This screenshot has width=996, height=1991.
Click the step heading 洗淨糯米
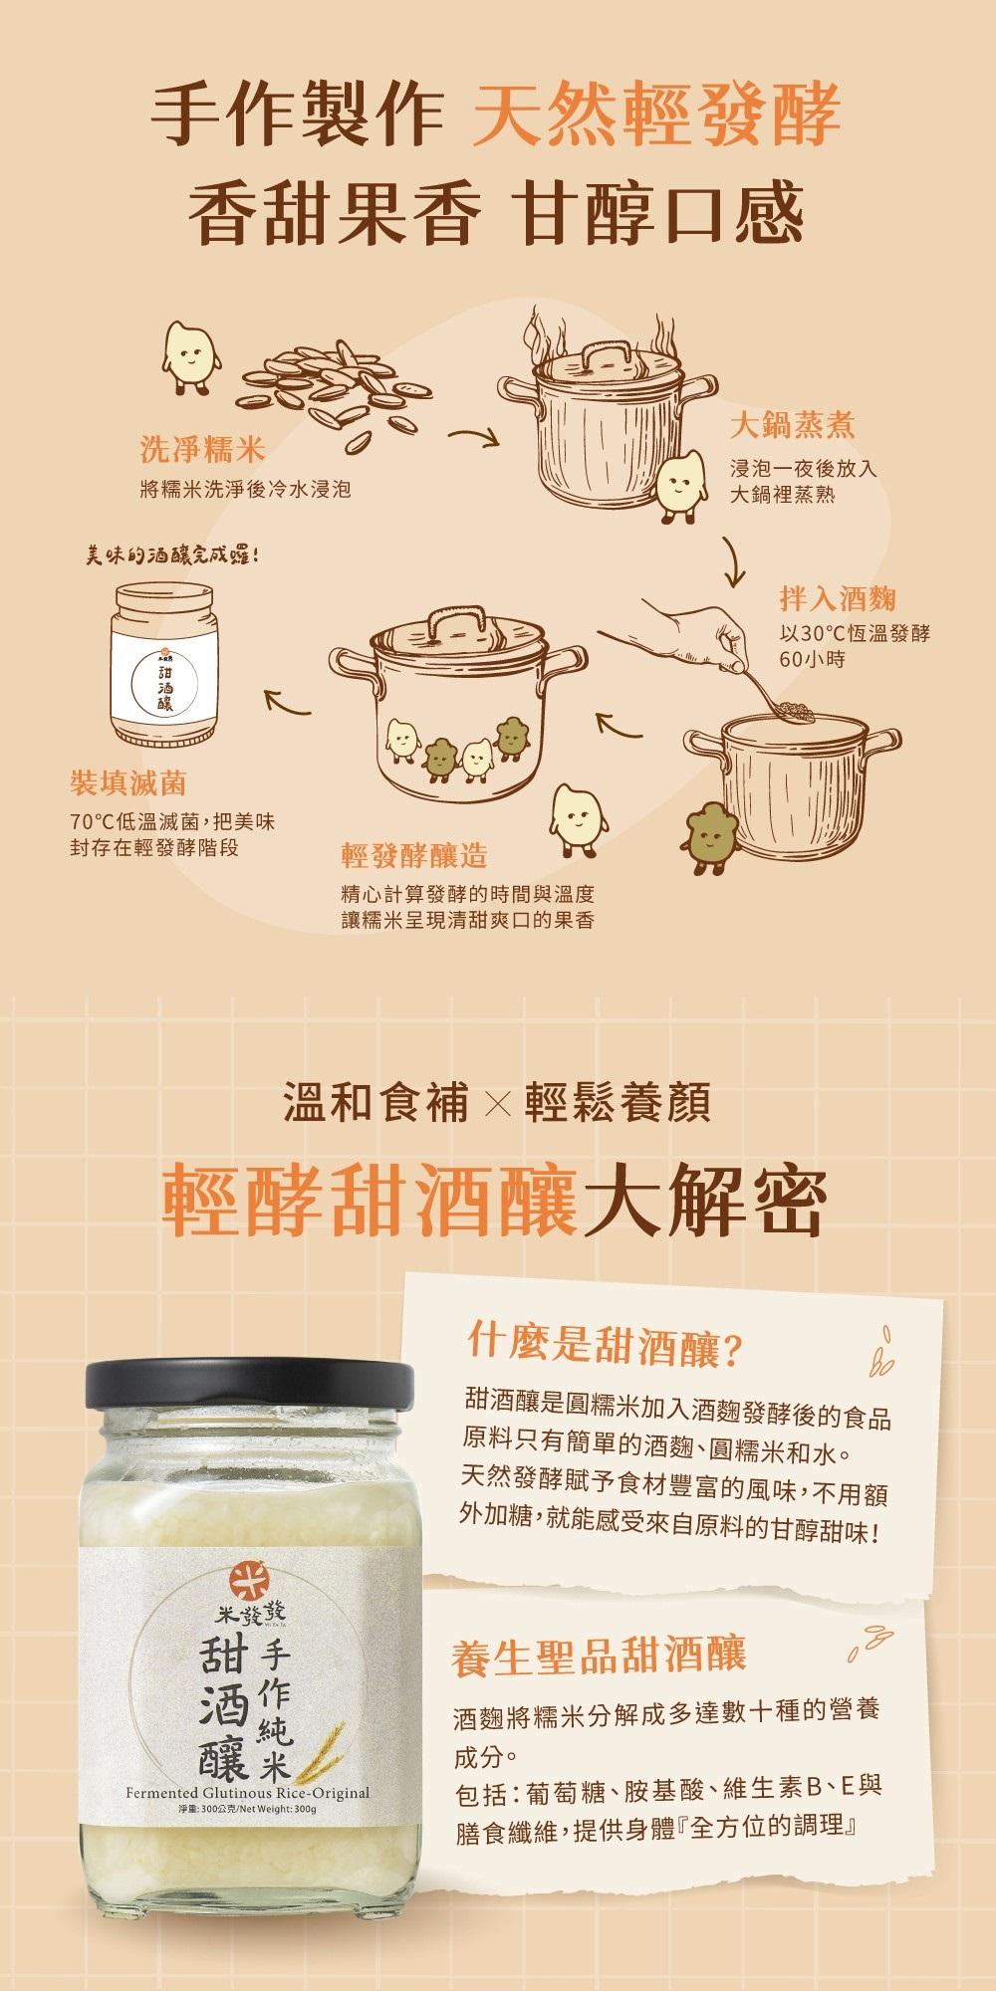(202, 451)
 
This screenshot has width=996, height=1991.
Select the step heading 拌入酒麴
(838, 598)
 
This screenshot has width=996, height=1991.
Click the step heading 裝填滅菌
(127, 783)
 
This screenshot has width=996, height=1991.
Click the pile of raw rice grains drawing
(329, 383)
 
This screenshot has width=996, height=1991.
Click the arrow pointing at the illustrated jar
(287, 702)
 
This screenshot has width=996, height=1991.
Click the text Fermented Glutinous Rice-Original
(248, 1793)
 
